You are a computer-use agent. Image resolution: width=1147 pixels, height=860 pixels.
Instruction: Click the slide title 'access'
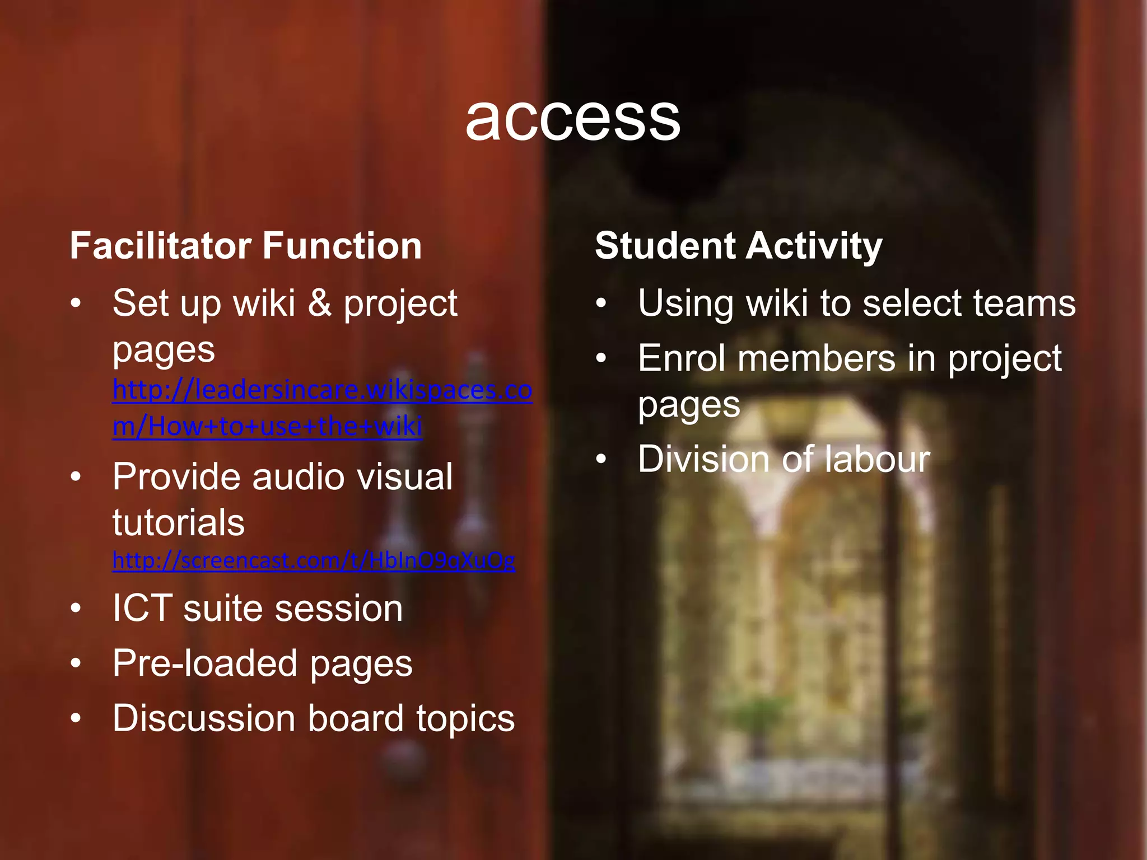(x=572, y=119)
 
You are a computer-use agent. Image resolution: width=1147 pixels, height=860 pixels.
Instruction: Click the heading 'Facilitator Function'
(x=246, y=246)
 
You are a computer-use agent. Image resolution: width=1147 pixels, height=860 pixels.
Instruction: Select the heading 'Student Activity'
(x=738, y=246)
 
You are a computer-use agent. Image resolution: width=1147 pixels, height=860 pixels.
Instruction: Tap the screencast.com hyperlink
(x=314, y=560)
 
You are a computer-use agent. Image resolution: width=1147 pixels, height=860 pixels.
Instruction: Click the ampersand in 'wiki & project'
(x=319, y=303)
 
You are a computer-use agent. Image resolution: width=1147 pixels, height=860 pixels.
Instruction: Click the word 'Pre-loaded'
(x=205, y=663)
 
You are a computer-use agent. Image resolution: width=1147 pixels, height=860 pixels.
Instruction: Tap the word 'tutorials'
(x=179, y=522)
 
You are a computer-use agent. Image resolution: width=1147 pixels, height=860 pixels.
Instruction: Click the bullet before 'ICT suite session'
(x=76, y=608)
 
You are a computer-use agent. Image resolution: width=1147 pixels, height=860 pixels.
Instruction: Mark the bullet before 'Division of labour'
(x=602, y=459)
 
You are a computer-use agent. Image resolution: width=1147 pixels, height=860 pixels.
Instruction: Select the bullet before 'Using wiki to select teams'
(x=602, y=303)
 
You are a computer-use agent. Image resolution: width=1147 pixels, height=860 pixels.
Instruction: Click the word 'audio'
(x=297, y=477)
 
